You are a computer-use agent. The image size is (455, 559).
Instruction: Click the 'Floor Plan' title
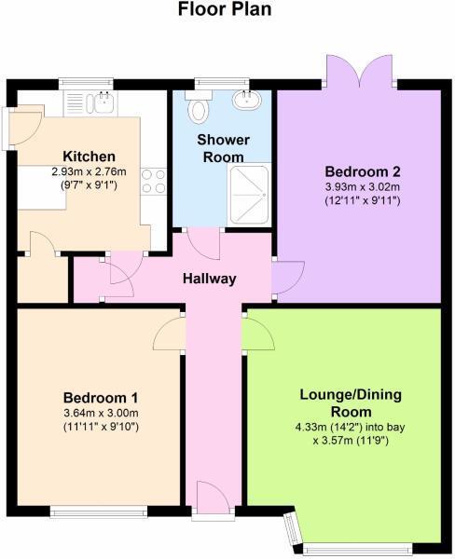tap(227, 10)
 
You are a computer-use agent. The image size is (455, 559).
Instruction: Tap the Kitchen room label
tap(89, 156)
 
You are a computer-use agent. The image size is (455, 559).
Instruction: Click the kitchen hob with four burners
tap(153, 179)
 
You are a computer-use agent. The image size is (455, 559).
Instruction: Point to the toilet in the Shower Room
tap(198, 110)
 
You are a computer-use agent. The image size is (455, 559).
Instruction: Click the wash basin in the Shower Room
tap(248, 100)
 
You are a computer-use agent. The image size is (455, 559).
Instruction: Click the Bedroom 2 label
tap(362, 171)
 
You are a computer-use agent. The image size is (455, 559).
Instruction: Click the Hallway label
tap(209, 279)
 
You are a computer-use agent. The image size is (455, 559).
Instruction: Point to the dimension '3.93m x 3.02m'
tap(362, 186)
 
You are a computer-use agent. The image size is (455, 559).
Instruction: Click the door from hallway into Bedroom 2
tap(285, 276)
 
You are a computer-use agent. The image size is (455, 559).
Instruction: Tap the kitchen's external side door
tap(21, 126)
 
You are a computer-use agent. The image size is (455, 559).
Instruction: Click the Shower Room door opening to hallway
tap(203, 245)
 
